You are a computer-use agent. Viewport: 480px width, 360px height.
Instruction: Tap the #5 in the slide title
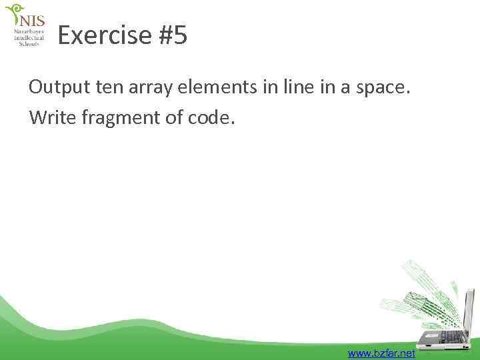(172, 35)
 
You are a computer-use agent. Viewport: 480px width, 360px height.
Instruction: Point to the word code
(213, 117)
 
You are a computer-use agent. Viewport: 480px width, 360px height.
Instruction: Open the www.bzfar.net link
(381, 353)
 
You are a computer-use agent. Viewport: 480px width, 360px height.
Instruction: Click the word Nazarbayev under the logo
(29, 31)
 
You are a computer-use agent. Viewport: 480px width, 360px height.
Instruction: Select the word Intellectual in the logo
(29, 38)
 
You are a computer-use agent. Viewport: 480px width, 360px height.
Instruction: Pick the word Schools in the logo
(29, 44)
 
